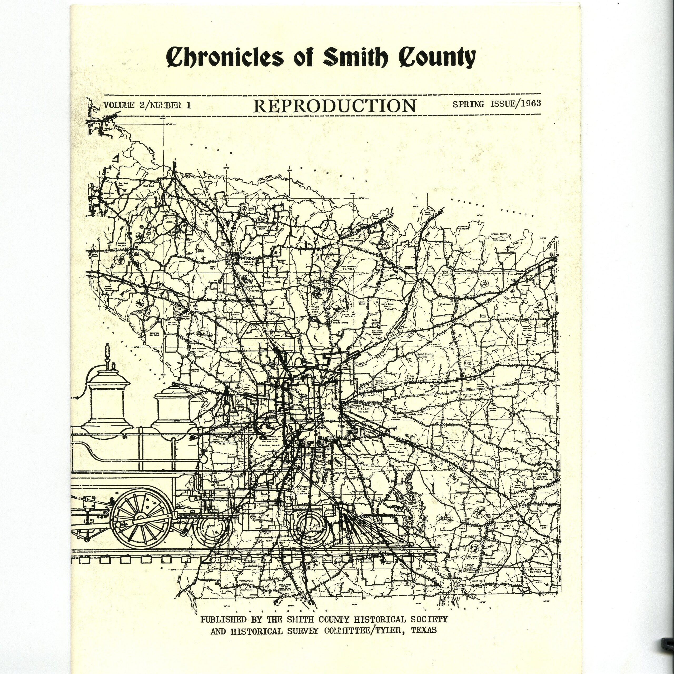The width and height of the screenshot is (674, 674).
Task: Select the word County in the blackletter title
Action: tap(437, 57)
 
